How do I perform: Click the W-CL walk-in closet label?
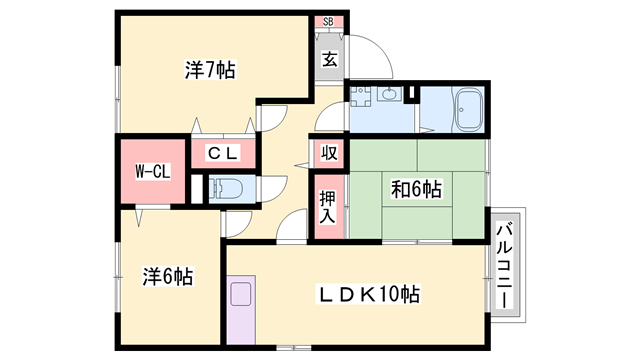pos(153,172)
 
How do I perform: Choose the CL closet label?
pos(221,153)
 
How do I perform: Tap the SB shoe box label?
pos(329,22)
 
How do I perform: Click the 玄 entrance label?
pos(329,58)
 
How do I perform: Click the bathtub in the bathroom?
pos(468,110)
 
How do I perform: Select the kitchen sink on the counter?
pos(241,297)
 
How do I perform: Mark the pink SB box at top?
pos(329,22)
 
